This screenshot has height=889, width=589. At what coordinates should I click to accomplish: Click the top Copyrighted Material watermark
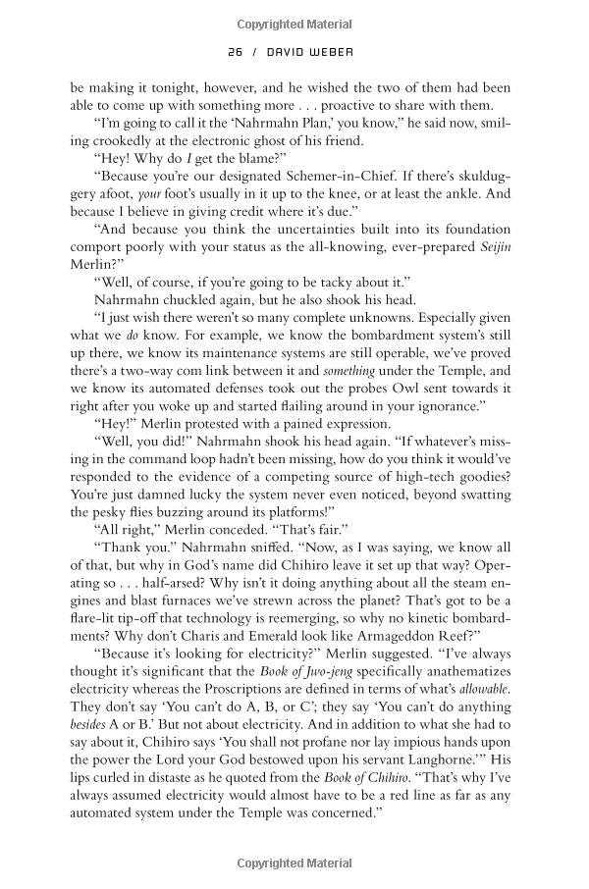(x=294, y=20)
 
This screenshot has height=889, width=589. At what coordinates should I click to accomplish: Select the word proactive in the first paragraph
(x=336, y=107)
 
